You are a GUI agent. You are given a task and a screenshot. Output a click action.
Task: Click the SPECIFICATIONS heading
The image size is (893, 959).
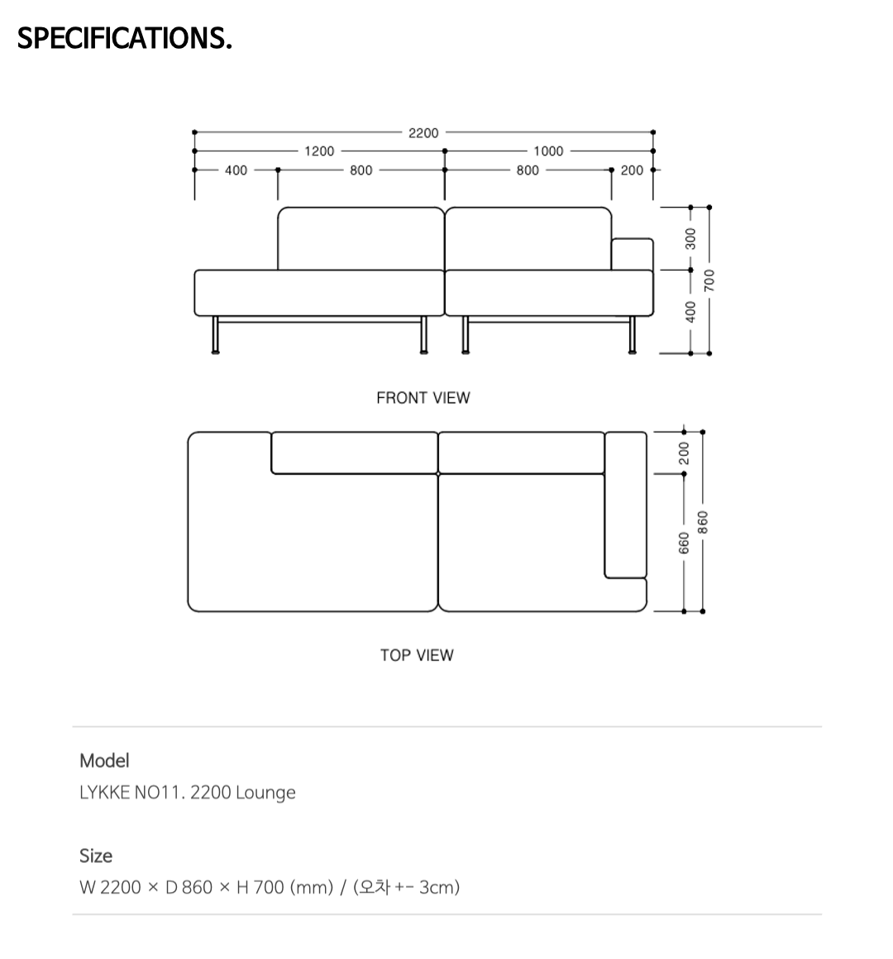125,38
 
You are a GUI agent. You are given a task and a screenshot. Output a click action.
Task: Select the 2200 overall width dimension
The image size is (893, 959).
423,132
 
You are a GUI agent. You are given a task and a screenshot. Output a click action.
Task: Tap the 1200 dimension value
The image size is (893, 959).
320,151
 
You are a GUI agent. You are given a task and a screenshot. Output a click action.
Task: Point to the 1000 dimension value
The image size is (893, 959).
548,151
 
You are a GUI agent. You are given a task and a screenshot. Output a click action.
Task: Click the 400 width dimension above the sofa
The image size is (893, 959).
236,170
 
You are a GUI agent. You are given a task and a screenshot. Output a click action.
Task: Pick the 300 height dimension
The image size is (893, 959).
690,238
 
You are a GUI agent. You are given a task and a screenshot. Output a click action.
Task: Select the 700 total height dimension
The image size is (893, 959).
709,281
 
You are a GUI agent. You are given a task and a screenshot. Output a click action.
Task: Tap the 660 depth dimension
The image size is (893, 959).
684,543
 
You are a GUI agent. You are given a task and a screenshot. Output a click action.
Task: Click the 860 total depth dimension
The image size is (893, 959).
703,522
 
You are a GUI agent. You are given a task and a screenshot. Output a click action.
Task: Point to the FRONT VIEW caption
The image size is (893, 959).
423,398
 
